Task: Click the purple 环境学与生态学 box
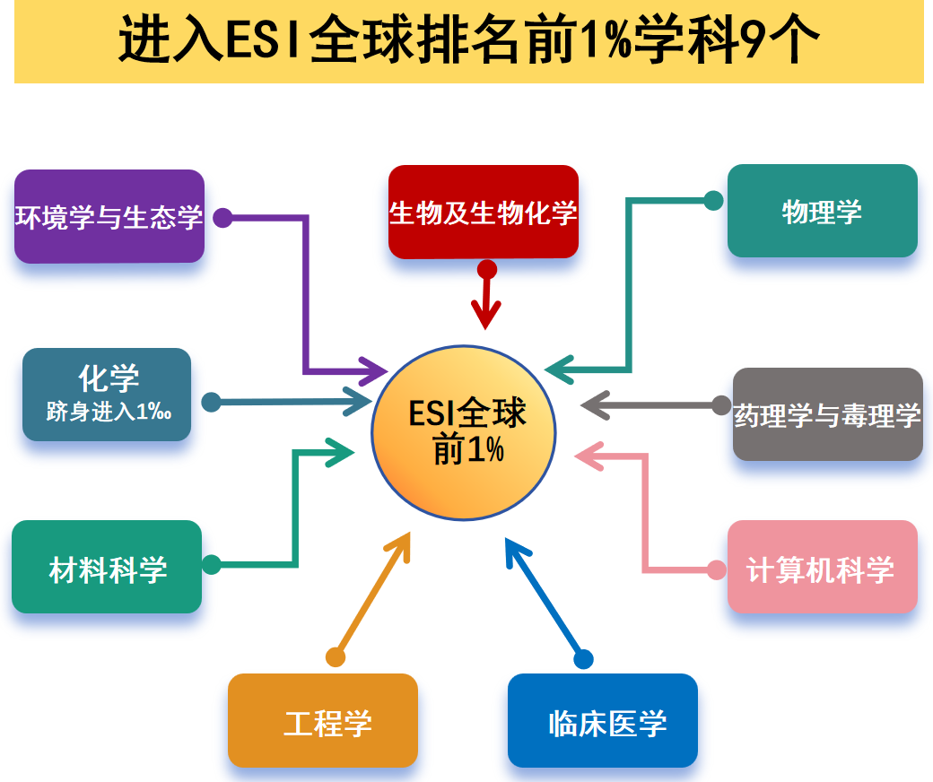click(x=109, y=216)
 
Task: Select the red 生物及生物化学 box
click(x=483, y=212)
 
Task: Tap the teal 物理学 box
click(x=822, y=211)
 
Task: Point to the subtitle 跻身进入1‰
click(x=108, y=413)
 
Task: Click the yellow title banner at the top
click(x=468, y=41)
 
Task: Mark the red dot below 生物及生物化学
click(x=487, y=269)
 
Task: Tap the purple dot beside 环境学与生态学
click(x=222, y=217)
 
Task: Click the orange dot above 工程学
click(x=336, y=657)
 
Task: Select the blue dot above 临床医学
click(x=583, y=660)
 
